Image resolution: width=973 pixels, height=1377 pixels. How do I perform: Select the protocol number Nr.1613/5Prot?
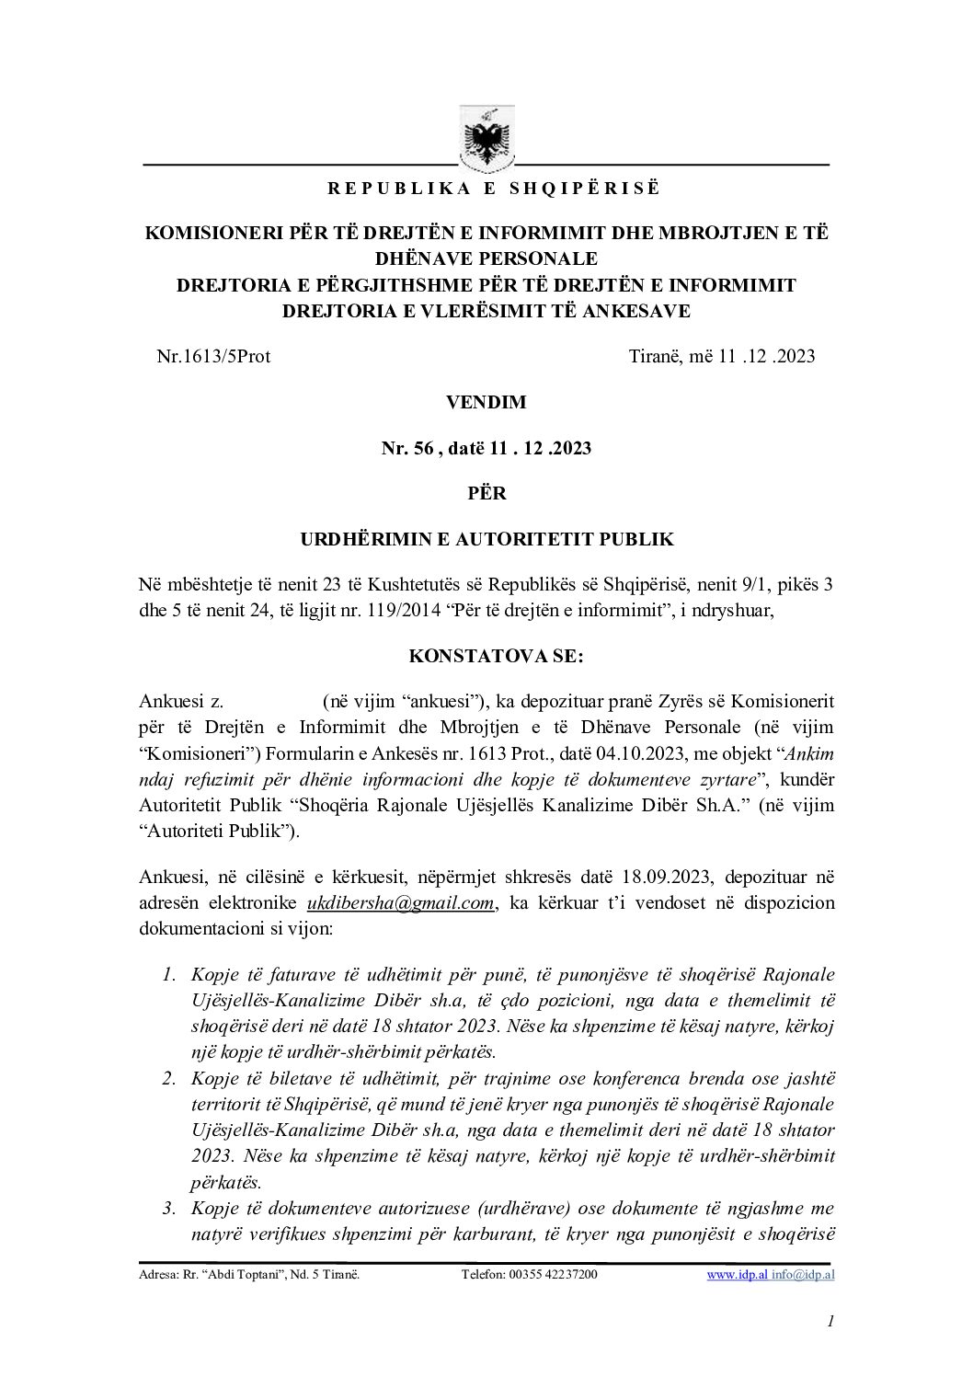[213, 356]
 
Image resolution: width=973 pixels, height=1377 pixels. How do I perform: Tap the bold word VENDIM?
[486, 402]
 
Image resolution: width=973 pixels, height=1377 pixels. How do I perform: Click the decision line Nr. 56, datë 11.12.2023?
[486, 448]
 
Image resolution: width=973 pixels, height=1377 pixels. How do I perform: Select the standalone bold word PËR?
[486, 493]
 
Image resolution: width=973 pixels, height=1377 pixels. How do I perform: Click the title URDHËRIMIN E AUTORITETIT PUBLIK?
[486, 539]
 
